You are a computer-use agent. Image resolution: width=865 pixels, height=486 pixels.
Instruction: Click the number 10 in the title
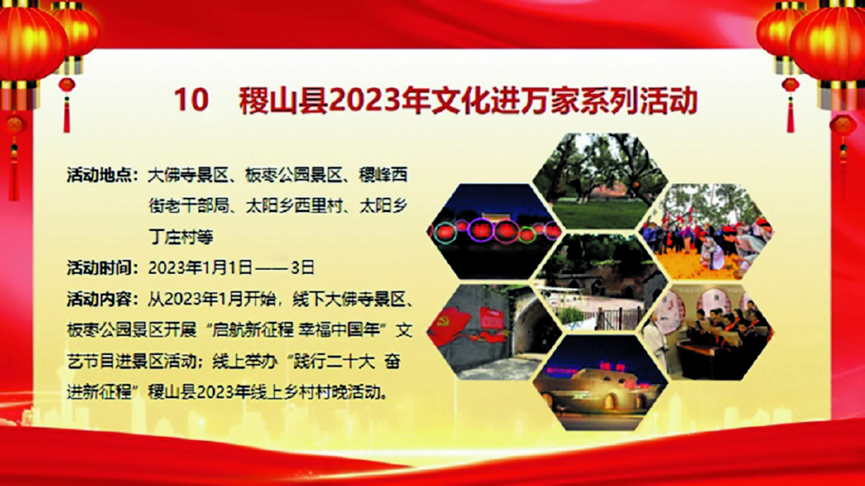[191, 99]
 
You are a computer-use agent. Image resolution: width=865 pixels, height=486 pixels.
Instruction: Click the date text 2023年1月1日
[201, 268]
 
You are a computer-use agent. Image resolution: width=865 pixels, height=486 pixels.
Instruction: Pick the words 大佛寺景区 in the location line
[189, 176]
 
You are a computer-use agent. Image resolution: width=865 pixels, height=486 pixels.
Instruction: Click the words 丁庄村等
[181, 237]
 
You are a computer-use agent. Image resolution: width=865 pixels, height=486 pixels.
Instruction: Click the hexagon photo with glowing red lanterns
[495, 231]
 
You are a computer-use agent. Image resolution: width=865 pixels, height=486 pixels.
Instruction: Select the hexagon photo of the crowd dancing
[706, 231]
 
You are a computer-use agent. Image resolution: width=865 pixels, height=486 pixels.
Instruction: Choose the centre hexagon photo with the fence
[600, 283]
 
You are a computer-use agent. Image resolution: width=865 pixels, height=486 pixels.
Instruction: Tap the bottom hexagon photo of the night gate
[600, 383]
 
